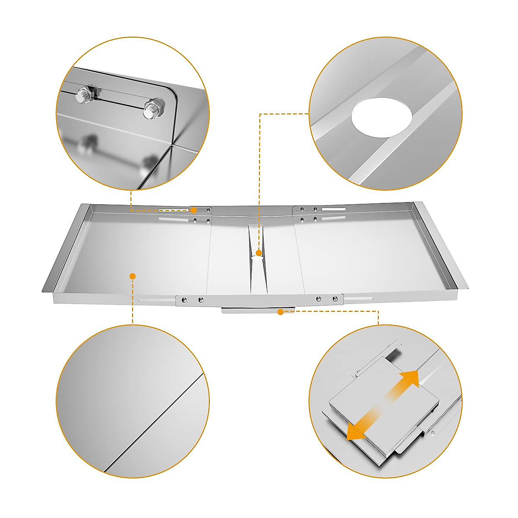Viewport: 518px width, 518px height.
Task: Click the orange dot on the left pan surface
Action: (133, 276)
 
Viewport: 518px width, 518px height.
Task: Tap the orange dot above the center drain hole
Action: (259, 253)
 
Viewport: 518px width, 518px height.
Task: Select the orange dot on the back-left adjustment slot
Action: (194, 210)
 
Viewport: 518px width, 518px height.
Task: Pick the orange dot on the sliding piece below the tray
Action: (281, 312)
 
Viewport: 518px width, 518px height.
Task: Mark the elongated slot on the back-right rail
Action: (334, 209)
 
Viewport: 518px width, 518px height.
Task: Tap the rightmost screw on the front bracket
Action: (335, 299)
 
